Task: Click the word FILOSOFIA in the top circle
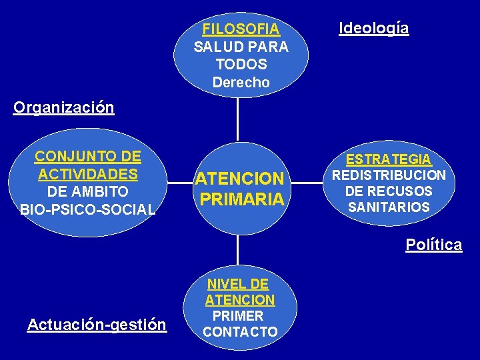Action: coord(241,29)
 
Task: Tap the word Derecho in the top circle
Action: coord(241,83)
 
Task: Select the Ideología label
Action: coord(374,28)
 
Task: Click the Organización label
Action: coord(63,107)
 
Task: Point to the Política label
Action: coord(433,245)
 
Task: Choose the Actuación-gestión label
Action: coord(97,325)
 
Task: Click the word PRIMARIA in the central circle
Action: coord(241,199)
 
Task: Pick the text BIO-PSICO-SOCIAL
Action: coord(88,209)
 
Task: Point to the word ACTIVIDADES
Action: coord(88,174)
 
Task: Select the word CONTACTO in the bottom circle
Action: coord(240,331)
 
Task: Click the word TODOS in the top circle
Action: coord(241,65)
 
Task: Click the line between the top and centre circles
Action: coord(237,120)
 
